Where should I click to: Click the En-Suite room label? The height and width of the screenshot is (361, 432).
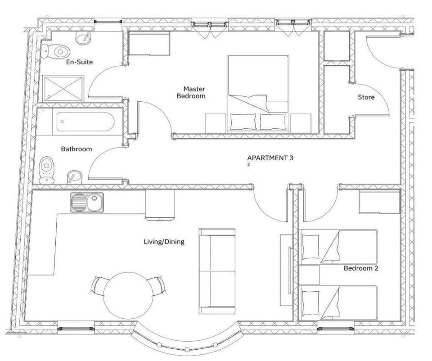pos(79,62)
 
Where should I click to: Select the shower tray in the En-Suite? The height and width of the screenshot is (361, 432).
pos(63,88)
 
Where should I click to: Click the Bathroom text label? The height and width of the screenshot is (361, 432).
pos(76,149)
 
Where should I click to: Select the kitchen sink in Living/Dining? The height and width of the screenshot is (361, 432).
pos(87,202)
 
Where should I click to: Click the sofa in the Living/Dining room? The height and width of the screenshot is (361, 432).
pos(217,271)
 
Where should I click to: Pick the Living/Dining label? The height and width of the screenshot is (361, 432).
pos(164,242)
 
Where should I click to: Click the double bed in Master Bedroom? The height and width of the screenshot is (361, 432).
pos(258,94)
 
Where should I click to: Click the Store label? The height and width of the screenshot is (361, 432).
pos(366,97)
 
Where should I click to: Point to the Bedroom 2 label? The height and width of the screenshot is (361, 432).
pos(360,268)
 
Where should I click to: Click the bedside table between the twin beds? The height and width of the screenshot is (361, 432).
pos(309,275)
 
